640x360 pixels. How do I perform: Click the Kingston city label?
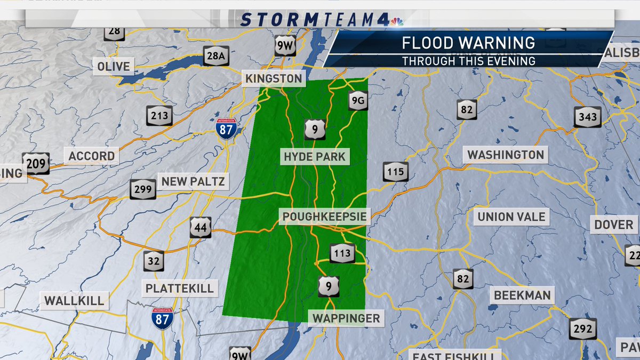[274, 79]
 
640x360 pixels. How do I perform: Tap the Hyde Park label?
[315, 157]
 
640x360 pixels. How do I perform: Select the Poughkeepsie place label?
[325, 217]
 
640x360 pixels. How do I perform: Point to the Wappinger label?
[346, 318]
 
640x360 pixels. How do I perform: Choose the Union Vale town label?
[511, 217]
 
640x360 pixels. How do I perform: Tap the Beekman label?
[522, 295]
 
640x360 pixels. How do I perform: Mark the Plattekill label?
[179, 289]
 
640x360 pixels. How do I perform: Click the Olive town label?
[114, 67]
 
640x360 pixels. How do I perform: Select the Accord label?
[91, 156]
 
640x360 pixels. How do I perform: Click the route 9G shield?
[357, 100]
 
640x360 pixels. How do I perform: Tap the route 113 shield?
[341, 253]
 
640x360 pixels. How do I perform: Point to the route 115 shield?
[395, 172]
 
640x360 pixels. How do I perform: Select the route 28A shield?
[216, 55]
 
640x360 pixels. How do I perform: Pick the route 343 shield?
[587, 117]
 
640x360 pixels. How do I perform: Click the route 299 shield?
[143, 189]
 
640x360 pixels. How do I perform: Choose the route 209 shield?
[36, 163]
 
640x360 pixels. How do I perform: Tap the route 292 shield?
[582, 329]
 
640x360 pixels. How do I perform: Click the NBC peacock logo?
[396, 21]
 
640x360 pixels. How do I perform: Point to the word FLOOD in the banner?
[433, 43]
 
